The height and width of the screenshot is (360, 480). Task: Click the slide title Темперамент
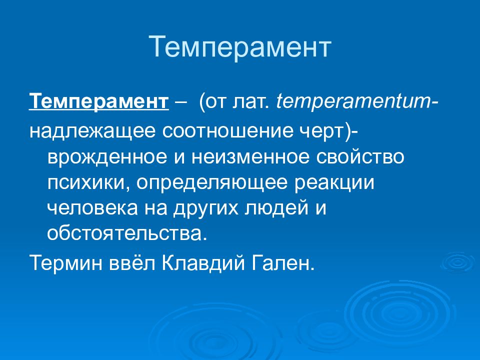[240, 46]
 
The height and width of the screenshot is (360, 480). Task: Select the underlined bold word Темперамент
[99, 101]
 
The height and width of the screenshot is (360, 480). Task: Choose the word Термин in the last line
[66, 263]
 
